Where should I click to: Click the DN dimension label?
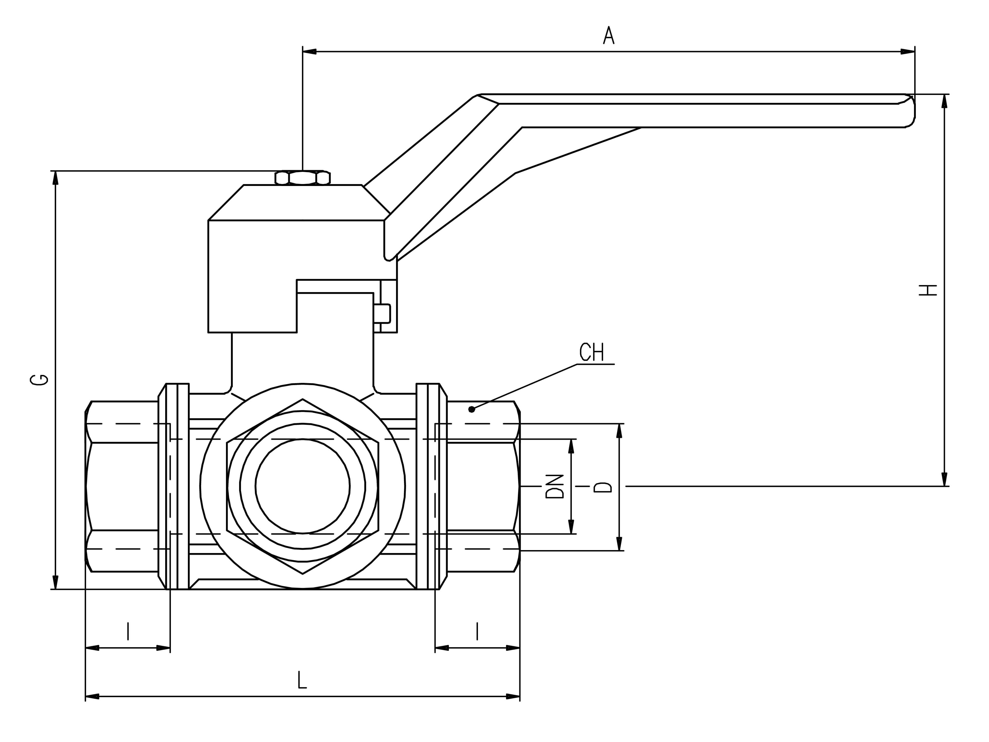point(555,487)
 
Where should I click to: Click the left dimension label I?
point(128,631)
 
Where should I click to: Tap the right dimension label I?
point(477,631)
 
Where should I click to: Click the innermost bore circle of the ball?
point(303,486)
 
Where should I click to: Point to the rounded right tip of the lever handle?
point(911,111)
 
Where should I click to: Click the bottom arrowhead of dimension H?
point(944,479)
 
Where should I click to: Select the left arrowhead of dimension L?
point(92,696)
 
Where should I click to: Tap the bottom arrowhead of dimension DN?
point(571,526)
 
